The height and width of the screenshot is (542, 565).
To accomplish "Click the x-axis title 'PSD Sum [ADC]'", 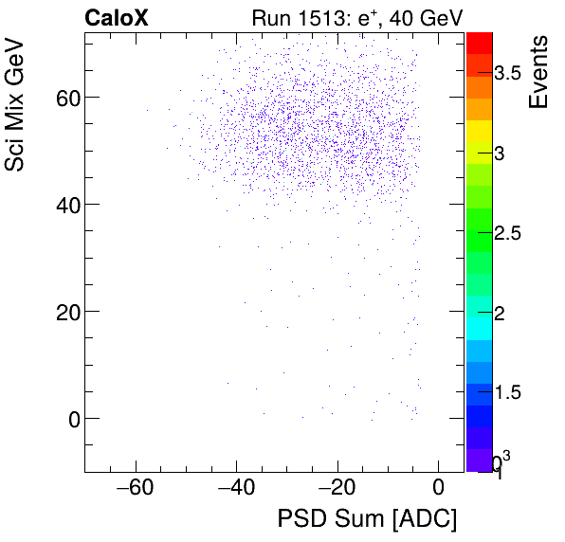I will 367,518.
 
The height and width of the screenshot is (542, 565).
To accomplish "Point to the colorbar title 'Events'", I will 538,72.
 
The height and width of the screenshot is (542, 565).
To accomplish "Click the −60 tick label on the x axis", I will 134,488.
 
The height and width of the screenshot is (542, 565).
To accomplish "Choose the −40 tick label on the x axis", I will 235,488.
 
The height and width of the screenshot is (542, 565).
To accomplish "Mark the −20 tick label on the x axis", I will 337,488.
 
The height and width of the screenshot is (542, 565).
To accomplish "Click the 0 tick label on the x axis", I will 438,488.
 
